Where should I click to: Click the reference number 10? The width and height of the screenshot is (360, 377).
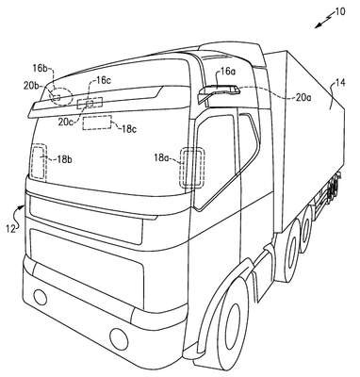click(339, 12)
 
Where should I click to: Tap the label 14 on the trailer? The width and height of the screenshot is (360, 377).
click(340, 83)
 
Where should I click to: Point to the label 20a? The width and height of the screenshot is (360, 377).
click(303, 98)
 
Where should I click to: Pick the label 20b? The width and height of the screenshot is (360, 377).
click(31, 85)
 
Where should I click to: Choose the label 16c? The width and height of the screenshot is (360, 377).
click(104, 80)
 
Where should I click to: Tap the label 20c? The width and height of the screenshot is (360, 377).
click(66, 122)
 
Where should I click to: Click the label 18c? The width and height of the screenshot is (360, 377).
click(128, 129)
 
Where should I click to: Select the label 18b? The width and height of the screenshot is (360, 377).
click(64, 159)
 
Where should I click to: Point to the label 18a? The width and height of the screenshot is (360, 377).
click(162, 157)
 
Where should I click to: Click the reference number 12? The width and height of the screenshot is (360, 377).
click(10, 229)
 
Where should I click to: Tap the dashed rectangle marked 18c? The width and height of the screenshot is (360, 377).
click(97, 123)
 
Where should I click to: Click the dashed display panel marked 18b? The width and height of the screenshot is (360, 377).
click(39, 162)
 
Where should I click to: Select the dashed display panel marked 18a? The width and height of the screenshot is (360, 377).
click(192, 168)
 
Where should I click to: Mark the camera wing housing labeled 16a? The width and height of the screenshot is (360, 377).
click(219, 91)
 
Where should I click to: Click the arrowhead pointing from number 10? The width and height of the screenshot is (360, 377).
click(318, 26)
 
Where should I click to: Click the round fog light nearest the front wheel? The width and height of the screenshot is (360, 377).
click(119, 337)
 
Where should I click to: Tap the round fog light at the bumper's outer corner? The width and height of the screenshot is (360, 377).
click(41, 297)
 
